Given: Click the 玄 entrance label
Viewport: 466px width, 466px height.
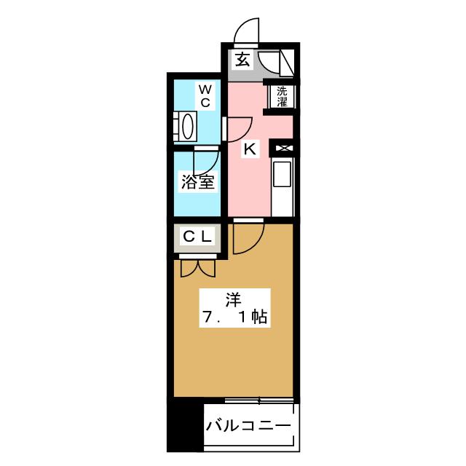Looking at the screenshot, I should pos(242,60).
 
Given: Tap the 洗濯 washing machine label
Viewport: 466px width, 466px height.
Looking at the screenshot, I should pos(282,97).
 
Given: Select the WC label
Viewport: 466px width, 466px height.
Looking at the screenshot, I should pos(205,96).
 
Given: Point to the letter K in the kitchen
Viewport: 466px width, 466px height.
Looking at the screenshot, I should pos(250,149).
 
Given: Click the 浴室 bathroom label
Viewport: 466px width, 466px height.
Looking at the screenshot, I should pos(197,181).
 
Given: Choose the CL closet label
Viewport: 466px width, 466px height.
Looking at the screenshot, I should pos(197,236).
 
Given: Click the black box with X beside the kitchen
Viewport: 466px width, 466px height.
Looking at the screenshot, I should pos(282,149).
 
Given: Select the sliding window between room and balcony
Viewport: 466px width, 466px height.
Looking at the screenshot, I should pos(259,400).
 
